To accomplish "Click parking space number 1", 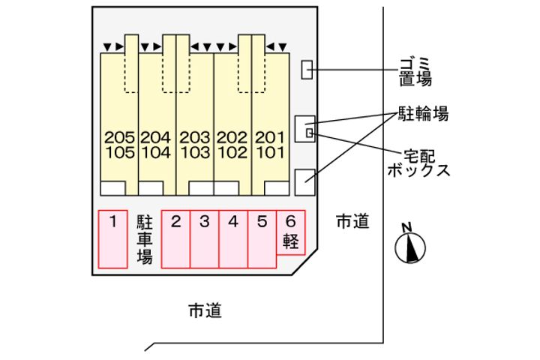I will coord(112,238).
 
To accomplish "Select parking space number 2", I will coord(176,238).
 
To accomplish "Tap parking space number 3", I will coord(205,238).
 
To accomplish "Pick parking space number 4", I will coord(233,238).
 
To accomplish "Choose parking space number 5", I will coord(262,238).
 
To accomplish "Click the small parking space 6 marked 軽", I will coord(291,232).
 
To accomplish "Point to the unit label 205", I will coord(120,138).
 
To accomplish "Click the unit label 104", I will coord(156,152).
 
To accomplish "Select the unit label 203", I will coord(195,138).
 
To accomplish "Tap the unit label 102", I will coord(232,152).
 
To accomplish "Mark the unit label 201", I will coord(270,138).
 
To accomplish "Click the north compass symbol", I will coord(409,246).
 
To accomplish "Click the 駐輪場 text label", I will coord(423,114).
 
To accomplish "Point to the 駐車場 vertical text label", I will coord(145,239).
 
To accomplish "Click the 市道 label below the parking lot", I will coord(205,310).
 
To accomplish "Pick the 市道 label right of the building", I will coord(352,221).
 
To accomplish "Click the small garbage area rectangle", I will coord(306,70).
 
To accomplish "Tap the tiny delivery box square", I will coord(309,133).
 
